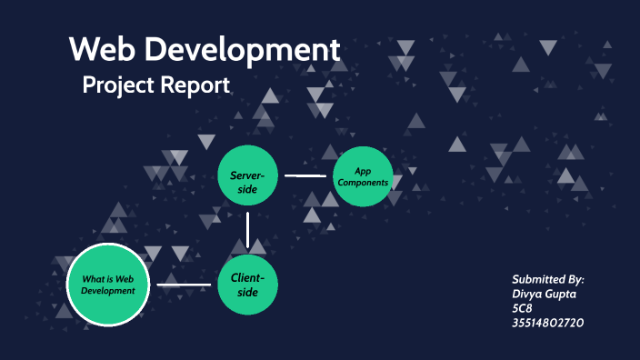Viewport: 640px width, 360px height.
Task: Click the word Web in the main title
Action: [100, 50]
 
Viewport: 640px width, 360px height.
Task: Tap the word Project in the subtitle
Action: [118, 85]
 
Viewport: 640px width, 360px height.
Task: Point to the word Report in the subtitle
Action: [196, 85]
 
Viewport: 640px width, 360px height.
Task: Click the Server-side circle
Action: [247, 175]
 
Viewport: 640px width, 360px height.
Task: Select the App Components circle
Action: [363, 176]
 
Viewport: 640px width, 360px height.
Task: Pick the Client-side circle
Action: [247, 285]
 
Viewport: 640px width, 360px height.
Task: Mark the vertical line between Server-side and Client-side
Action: [247, 230]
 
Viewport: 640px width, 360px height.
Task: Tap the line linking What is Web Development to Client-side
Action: [184, 285]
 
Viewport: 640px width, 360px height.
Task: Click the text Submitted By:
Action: [547, 279]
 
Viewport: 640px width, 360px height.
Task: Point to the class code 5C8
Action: [522, 308]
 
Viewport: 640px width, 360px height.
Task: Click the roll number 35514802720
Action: [548, 323]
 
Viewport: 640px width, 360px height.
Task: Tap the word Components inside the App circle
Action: [363, 183]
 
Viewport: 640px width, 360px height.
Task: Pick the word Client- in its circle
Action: [247, 277]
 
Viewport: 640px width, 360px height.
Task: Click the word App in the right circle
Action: [363, 171]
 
